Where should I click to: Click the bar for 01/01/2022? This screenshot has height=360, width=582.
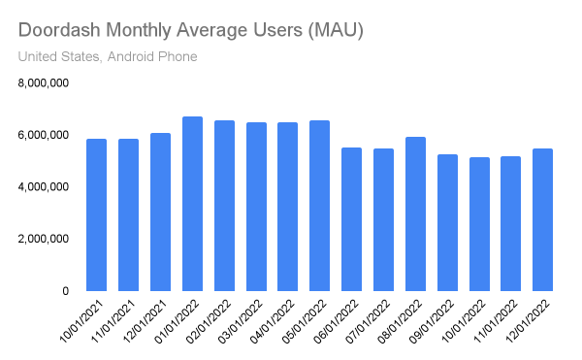point(192,204)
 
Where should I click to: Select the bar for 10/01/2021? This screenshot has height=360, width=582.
point(96,214)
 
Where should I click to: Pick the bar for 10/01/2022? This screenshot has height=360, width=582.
point(479,224)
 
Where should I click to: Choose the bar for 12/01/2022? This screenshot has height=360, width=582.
point(543,219)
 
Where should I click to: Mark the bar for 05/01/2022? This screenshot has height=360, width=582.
point(319,206)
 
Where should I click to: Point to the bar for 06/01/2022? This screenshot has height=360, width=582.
point(351,219)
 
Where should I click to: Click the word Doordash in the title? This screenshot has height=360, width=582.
point(61,31)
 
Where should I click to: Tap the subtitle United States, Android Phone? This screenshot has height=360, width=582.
point(108,57)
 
